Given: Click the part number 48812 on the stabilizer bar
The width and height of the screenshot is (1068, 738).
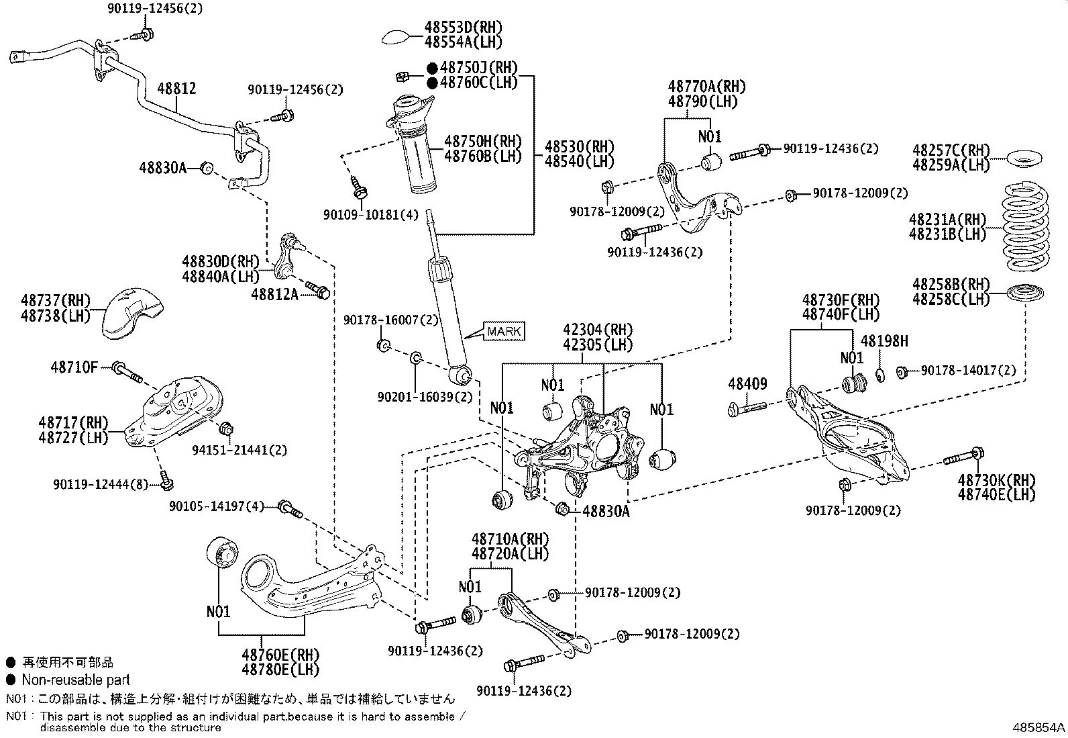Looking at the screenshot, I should pos(176,88).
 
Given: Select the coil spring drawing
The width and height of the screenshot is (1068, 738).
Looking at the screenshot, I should pos(1026,226).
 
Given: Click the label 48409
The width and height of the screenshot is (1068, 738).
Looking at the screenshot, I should pos(747,384).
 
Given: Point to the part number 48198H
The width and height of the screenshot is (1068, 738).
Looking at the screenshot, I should pos(884,341).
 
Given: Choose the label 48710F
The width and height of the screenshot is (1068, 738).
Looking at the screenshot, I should pos(74,367).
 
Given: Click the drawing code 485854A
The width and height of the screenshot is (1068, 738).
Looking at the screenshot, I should pos(1038,728).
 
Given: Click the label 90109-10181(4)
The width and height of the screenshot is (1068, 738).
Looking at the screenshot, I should pos(370,215).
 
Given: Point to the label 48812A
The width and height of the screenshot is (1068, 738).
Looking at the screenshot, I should pos(274,293).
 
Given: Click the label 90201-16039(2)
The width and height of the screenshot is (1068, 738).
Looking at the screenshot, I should pos(425,397).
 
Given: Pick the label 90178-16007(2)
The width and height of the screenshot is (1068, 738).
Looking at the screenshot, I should pos(390,320).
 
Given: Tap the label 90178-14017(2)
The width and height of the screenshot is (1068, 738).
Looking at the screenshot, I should pos(968,370).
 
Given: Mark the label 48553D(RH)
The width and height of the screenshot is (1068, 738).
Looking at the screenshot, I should pos(462,28).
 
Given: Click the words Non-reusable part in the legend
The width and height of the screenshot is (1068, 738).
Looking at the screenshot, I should pos(75,680).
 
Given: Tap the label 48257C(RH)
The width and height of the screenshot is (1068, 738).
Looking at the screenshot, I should pos(951,150).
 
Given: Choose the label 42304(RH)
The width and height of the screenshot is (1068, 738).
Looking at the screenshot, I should pos(598,330).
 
